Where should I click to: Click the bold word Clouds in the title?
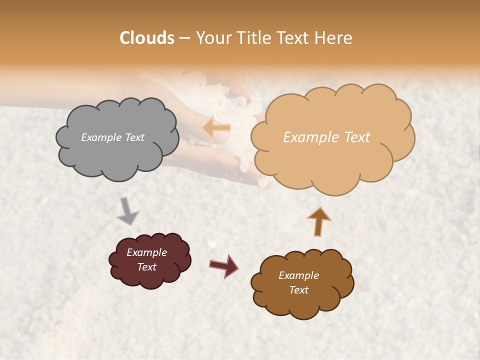click(x=146, y=38)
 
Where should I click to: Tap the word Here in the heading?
click(x=334, y=38)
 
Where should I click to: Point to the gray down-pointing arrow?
click(x=127, y=210)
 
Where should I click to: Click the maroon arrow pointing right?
click(x=223, y=265)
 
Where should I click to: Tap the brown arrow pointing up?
click(x=319, y=221)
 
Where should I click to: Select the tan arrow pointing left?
click(x=217, y=127)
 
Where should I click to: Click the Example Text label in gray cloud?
click(x=112, y=137)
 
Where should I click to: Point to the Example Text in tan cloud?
click(x=326, y=137)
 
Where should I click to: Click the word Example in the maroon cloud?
click(x=146, y=252)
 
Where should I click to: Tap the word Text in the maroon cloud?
click(x=146, y=267)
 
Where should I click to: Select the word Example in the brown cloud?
click(x=298, y=275)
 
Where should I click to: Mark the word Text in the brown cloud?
click(x=298, y=290)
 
